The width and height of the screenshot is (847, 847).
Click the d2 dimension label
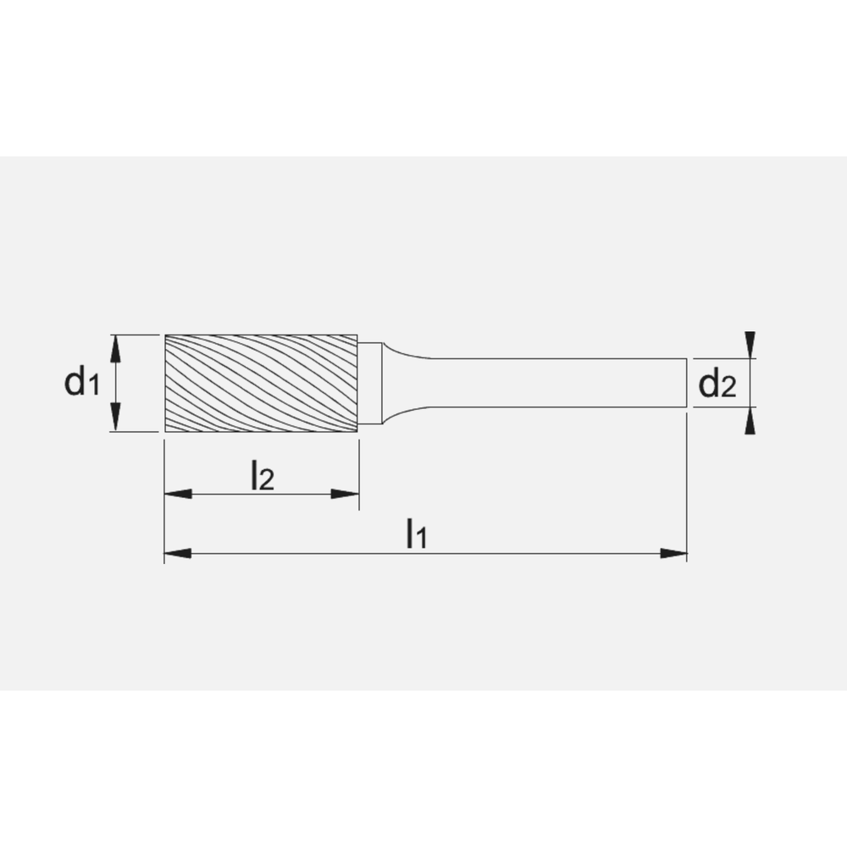(717, 385)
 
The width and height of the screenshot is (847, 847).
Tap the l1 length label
(415, 535)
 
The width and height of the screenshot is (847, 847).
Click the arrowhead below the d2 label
(749, 422)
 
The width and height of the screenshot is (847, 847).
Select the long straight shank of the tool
(551, 384)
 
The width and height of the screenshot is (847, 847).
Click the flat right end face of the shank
(686, 384)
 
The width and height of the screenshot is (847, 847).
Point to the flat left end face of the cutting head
(164, 383)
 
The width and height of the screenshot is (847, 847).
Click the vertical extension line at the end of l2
(359, 474)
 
